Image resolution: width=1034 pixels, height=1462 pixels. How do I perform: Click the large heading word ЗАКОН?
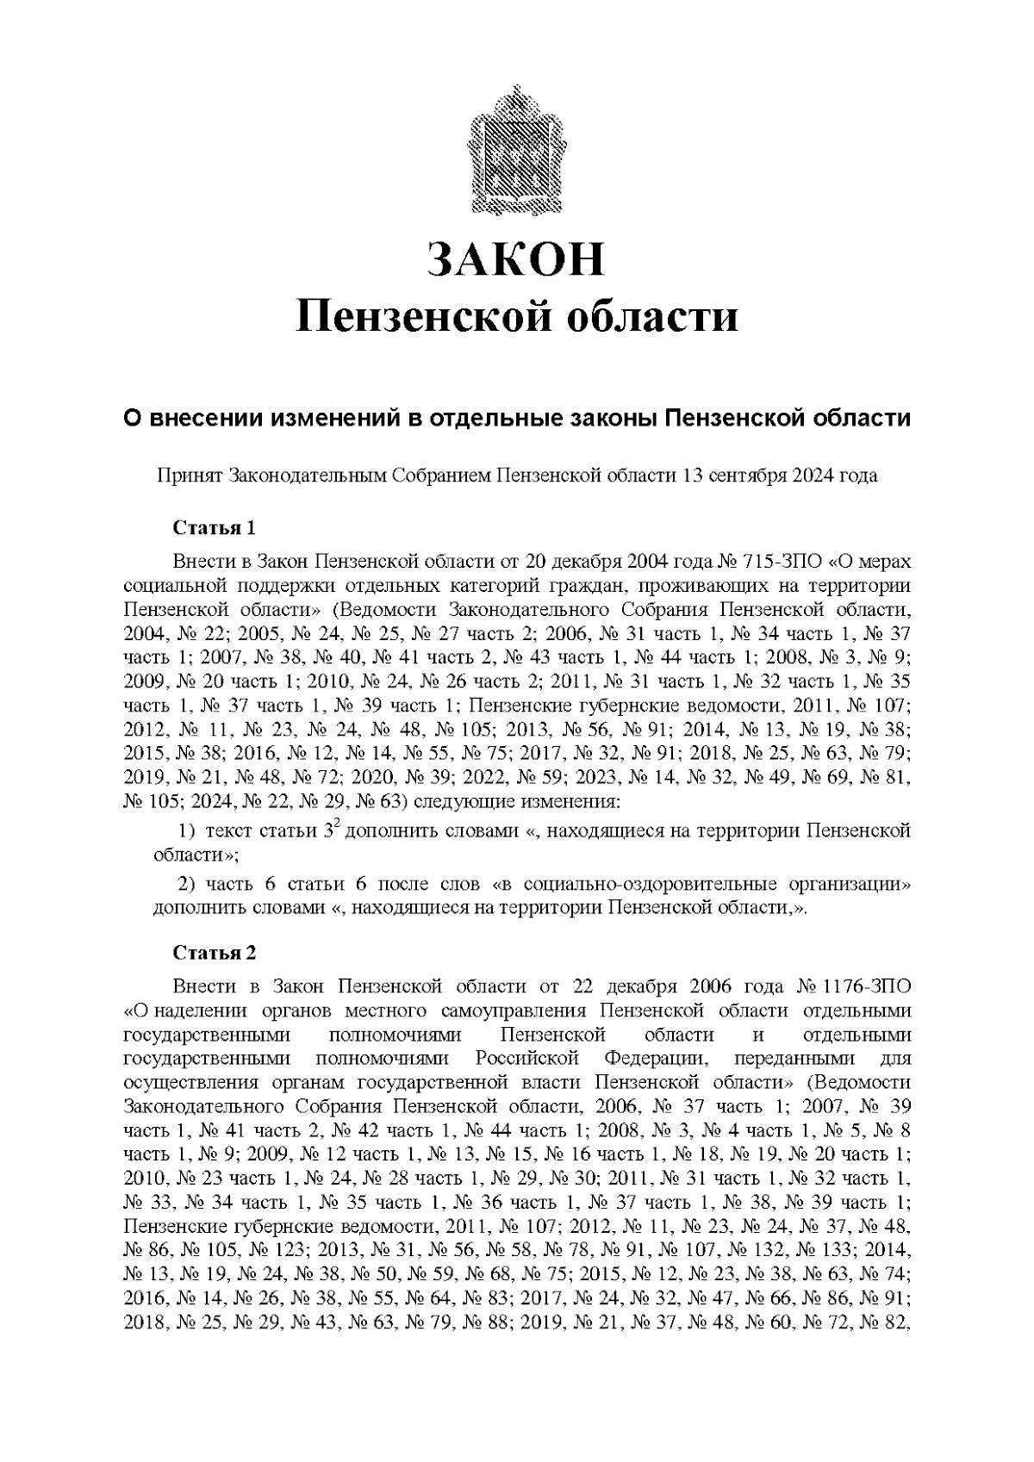(x=516, y=258)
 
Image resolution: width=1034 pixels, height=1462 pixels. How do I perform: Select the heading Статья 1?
(x=215, y=527)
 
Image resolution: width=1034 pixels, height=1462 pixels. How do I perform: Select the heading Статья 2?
(x=215, y=953)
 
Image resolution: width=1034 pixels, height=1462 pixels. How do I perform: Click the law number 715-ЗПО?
(x=789, y=562)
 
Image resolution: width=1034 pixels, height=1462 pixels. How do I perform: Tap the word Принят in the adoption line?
(x=190, y=475)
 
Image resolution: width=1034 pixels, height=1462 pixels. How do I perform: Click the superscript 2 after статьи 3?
(x=338, y=825)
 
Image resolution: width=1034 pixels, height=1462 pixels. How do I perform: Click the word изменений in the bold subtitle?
(x=332, y=419)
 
